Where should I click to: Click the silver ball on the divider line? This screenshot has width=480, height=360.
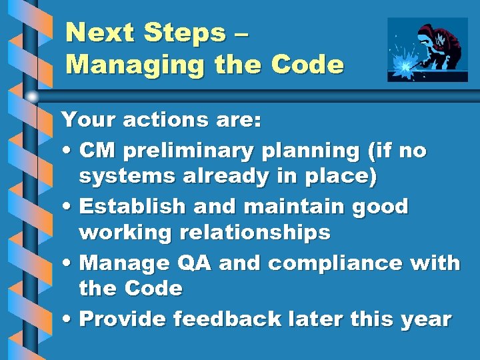(32, 97)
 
